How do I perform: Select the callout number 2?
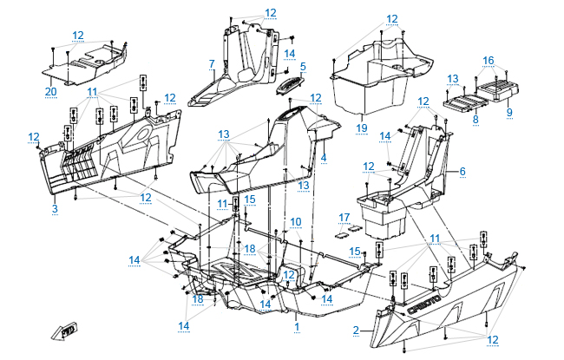[356, 331]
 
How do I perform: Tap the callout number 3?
[54, 208]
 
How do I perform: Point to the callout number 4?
[323, 158]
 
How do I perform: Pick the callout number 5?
[303, 66]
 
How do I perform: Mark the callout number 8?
[475, 121]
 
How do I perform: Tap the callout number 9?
[509, 113]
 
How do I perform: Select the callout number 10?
[296, 222]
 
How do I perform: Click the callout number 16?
[489, 61]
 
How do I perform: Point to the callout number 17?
[344, 217]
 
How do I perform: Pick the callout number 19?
[362, 128]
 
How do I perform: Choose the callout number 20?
[50, 91]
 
